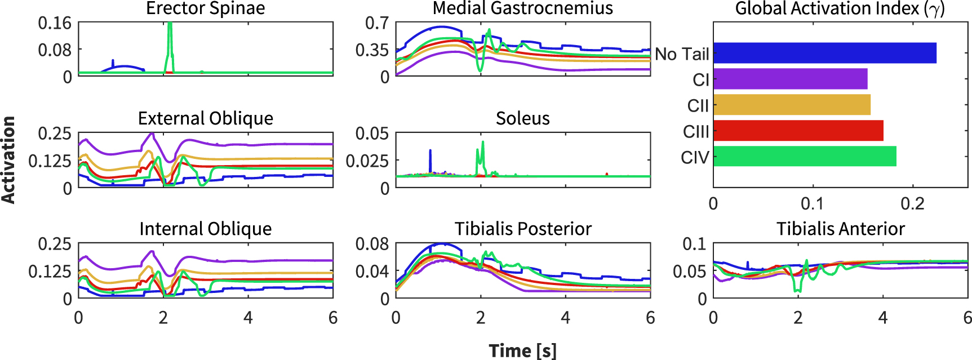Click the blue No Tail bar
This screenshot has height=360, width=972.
click(824, 53)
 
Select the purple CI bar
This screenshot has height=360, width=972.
click(790, 79)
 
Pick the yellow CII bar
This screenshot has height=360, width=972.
click(792, 105)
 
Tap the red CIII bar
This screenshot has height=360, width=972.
click(798, 131)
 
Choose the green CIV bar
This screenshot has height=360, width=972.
click(805, 156)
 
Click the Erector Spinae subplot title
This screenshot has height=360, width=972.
click(205, 8)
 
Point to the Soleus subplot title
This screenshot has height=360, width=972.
click(522, 118)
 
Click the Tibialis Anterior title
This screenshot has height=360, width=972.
click(840, 229)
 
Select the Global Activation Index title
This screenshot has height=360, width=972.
click(840, 8)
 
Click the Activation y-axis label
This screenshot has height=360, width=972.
click(8, 160)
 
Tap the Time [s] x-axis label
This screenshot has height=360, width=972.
click(522, 350)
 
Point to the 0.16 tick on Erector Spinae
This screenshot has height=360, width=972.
click(55, 23)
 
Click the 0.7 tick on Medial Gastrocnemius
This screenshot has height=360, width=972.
click(377, 23)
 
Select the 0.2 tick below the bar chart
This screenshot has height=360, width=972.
click(912, 204)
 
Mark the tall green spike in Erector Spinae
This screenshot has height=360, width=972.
click(170, 42)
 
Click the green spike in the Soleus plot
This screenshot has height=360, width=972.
click(482, 152)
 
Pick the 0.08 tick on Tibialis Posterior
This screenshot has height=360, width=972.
click(372, 244)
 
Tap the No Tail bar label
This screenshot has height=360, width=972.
click(682, 54)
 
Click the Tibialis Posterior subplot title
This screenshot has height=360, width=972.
click(522, 229)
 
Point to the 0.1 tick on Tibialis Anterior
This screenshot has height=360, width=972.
click(694, 244)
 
